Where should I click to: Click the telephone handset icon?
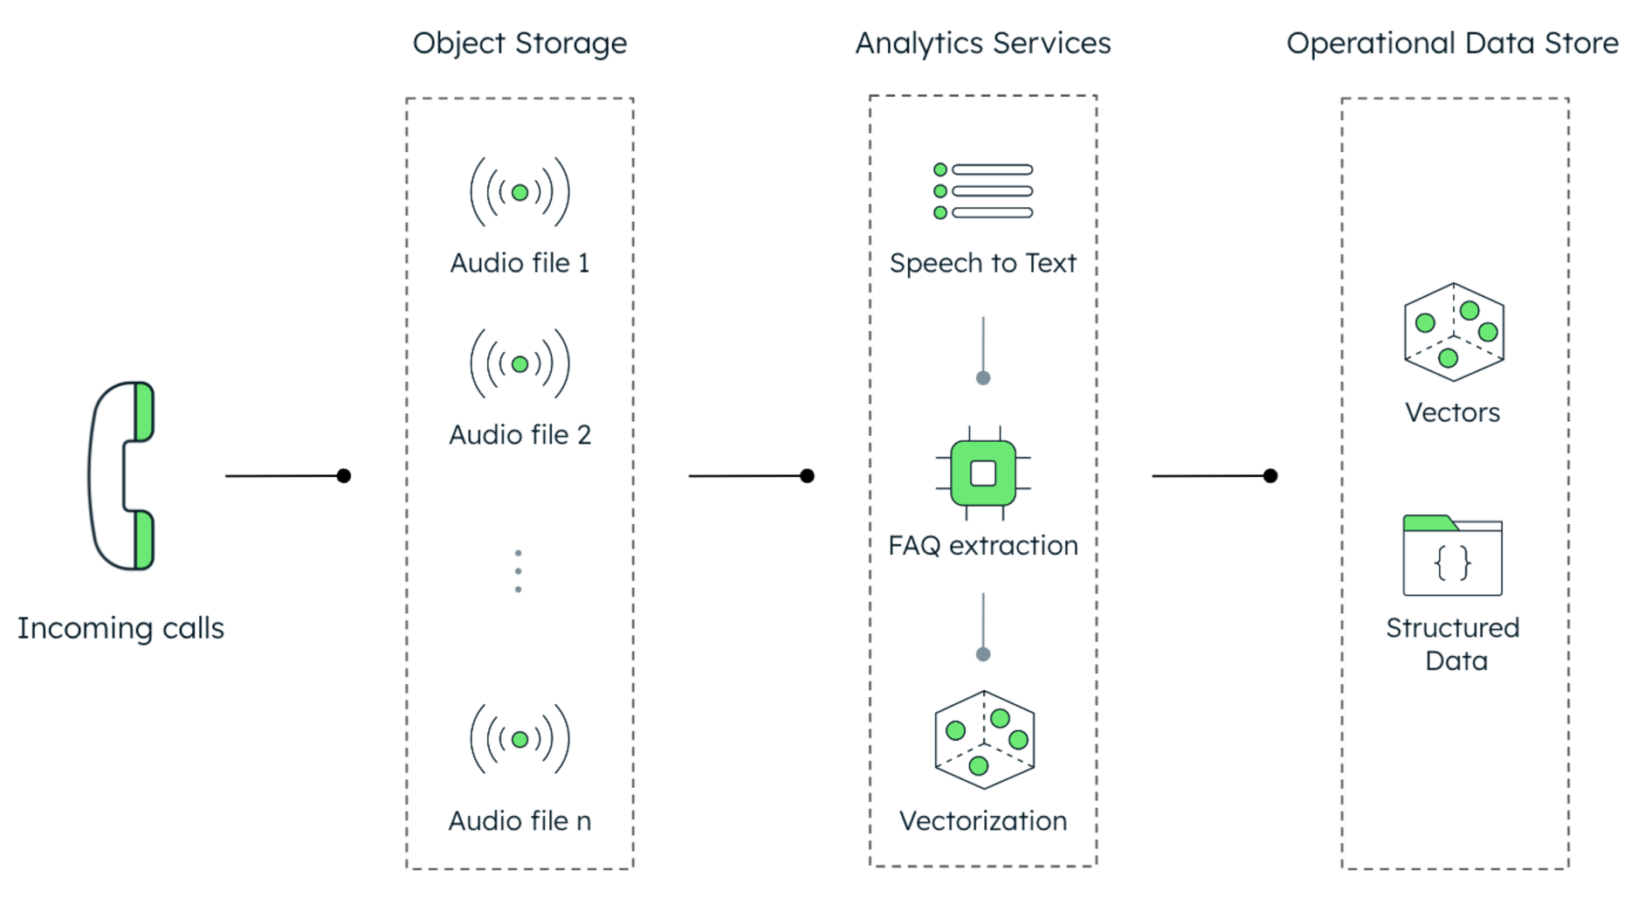pos(122,476)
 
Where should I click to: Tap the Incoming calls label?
pos(120,628)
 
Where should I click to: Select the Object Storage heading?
pos(520,43)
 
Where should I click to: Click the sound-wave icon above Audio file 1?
pos(520,192)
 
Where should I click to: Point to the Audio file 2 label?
pos(520,434)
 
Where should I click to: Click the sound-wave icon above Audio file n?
pos(520,739)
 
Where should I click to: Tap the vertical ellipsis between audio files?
pos(519,571)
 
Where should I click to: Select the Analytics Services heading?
pos(982,43)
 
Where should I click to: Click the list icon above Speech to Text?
pos(983,190)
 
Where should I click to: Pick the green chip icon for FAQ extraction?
pos(983,473)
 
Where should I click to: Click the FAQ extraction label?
pos(983,545)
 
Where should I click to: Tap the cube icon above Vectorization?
pos(984,740)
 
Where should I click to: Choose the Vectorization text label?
pos(983,820)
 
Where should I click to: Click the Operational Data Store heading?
pos(1452,43)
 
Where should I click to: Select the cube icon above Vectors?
pos(1454,332)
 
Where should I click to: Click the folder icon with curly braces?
pos(1452,556)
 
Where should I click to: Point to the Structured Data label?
pos(1453,644)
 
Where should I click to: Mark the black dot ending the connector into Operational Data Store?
pos(1270,476)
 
